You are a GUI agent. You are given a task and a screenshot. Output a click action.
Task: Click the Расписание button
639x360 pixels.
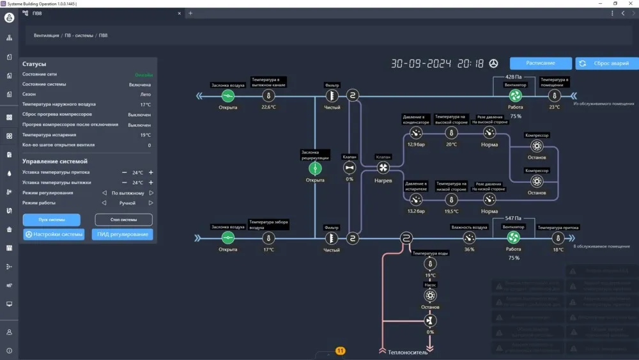coord(541,63)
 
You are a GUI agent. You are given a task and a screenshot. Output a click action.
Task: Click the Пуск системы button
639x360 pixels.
coord(52,219)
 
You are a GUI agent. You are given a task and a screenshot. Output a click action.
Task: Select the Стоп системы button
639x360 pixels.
coord(123,219)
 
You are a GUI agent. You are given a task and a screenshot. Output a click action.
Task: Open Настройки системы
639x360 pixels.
coord(54,235)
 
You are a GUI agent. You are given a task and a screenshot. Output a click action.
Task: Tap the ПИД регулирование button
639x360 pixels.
coord(123,235)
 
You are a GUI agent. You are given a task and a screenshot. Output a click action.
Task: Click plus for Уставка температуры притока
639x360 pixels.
coord(151,173)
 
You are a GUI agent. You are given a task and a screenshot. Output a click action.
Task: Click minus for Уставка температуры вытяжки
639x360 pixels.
coord(125,183)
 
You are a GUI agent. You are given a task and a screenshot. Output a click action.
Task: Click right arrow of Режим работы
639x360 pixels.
coord(151,203)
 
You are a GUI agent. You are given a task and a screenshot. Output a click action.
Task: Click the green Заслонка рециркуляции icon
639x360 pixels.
coord(315,168)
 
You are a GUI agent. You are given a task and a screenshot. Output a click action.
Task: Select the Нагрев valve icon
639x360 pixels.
coord(383,168)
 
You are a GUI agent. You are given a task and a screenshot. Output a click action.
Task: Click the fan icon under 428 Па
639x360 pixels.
coord(515,96)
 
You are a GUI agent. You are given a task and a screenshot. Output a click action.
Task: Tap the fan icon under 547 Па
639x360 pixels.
coord(513,238)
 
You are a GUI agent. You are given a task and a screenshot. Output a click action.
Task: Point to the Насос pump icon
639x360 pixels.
coord(430,295)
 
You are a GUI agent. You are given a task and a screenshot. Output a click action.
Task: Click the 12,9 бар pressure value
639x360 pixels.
coord(415,145)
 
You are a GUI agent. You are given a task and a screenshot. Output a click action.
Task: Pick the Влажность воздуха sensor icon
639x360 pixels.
coord(469,238)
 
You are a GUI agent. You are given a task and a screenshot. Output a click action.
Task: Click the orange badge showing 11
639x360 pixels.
coord(340,351)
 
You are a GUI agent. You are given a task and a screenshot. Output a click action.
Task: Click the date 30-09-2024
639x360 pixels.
coord(421,64)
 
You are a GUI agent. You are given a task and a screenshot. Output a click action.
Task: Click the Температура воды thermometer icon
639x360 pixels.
coord(430,264)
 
